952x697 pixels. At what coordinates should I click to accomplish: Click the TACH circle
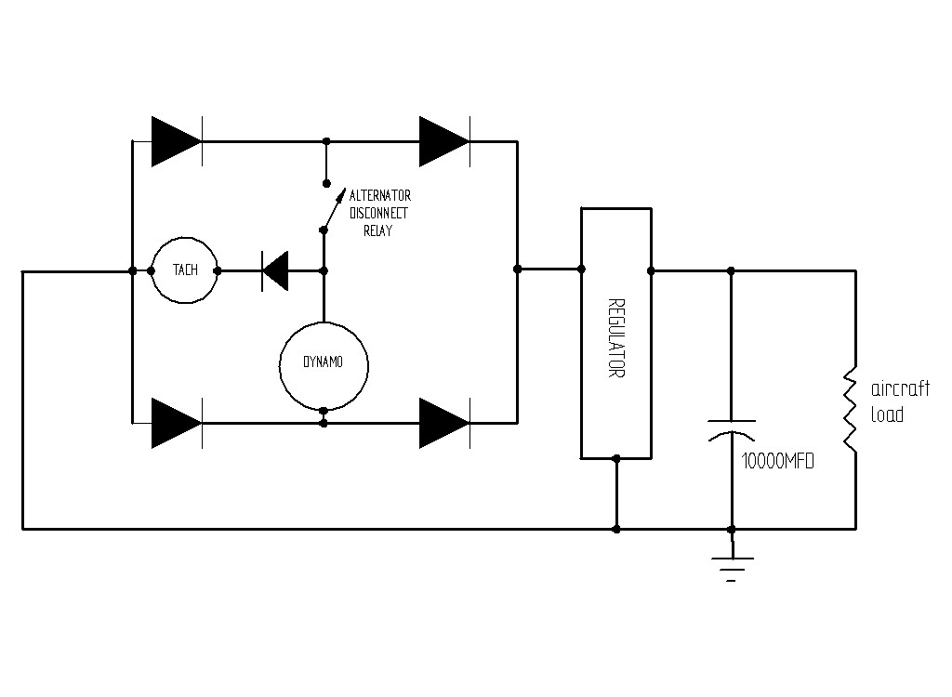pyautogui.click(x=184, y=270)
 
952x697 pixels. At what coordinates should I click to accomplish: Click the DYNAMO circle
pyautogui.click(x=323, y=363)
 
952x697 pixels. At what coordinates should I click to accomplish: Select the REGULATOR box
pyautogui.click(x=616, y=333)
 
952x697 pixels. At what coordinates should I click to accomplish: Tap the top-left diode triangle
pyautogui.click(x=176, y=141)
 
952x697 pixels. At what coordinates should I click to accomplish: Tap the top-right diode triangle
pyautogui.click(x=443, y=141)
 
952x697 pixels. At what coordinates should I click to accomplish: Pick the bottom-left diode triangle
pyautogui.click(x=176, y=423)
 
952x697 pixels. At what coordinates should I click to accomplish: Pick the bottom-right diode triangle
pyautogui.click(x=443, y=423)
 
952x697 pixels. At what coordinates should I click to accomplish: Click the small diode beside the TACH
pyautogui.click(x=275, y=270)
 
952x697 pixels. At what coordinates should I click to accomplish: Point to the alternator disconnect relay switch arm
pyautogui.click(x=333, y=209)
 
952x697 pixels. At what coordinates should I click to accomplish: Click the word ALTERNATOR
pyautogui.click(x=380, y=196)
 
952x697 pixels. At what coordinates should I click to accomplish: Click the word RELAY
pyautogui.click(x=378, y=230)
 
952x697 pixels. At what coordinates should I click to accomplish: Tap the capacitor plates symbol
pyautogui.click(x=732, y=429)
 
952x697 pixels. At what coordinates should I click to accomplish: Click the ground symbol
pyautogui.click(x=732, y=565)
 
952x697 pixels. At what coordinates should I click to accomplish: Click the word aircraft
pyautogui.click(x=901, y=389)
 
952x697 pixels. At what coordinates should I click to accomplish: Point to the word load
pyautogui.click(x=887, y=414)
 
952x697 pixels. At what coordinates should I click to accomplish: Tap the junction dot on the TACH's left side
pyautogui.click(x=152, y=270)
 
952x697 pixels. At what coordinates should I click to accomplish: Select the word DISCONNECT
pyautogui.click(x=378, y=213)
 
